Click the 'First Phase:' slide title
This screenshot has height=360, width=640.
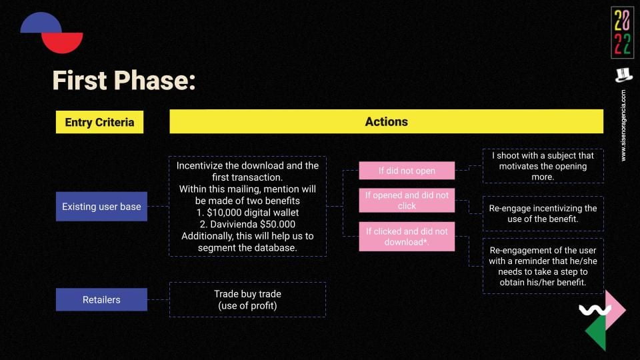(124, 80)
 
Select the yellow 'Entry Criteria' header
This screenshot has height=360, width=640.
(99, 122)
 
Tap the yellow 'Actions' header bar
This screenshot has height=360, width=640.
(386, 121)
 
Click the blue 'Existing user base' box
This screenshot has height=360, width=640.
(101, 207)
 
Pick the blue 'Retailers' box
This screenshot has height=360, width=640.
(101, 299)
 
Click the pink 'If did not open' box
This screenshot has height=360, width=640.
(407, 171)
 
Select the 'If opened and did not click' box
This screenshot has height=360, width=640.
(407, 201)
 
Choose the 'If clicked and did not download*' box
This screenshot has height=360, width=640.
(407, 237)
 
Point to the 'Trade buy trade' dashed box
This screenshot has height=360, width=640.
(247, 299)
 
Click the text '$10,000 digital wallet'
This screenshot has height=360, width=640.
(253, 213)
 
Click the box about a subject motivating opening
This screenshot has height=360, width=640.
(543, 166)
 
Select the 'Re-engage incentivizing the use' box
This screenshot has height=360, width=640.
(543, 213)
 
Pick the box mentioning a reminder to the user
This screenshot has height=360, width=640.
(543, 266)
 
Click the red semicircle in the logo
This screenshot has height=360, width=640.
(63, 43)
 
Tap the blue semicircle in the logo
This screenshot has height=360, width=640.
(41, 23)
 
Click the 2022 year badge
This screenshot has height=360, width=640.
(623, 33)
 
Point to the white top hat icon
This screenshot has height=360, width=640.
(624, 75)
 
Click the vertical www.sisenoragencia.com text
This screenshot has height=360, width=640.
(623, 125)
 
